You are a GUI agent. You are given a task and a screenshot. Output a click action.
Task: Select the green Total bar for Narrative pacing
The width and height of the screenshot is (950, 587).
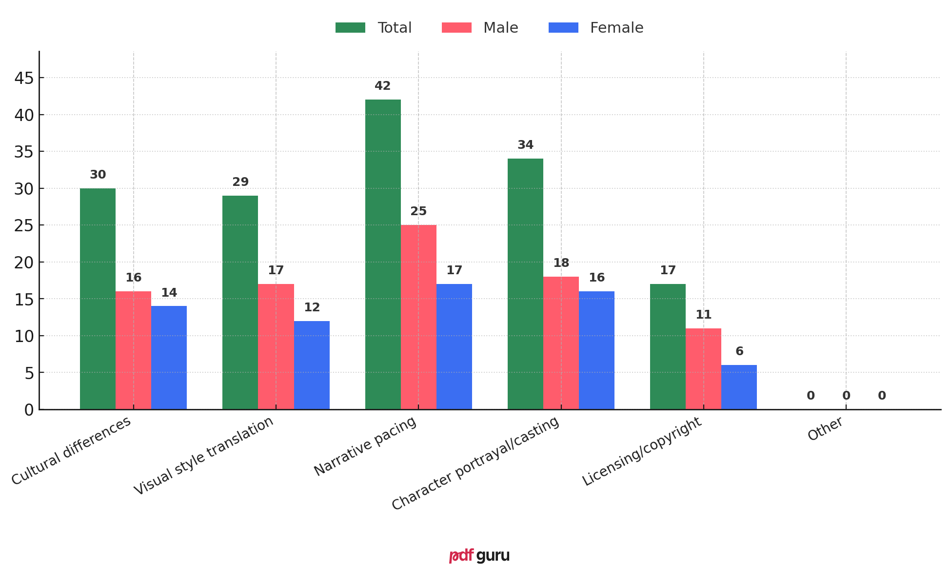coord(383,254)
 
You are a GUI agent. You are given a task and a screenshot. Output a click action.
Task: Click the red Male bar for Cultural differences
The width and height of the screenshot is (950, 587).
coord(133,350)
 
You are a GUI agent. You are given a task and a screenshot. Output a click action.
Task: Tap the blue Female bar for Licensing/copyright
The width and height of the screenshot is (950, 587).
coord(739,387)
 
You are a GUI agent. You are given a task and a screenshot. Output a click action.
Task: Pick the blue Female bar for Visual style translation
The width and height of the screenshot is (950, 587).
coord(312,365)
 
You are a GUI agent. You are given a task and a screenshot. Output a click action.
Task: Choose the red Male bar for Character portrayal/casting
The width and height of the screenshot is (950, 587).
coord(561,343)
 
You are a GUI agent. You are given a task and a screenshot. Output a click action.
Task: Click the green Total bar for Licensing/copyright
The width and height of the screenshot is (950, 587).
coord(668,346)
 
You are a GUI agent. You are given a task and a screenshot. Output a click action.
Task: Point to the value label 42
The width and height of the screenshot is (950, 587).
coord(383,86)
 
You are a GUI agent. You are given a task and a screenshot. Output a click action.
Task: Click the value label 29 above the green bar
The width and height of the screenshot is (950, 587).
coord(240,182)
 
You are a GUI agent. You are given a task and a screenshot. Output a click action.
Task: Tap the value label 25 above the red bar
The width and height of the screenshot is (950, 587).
coord(418,212)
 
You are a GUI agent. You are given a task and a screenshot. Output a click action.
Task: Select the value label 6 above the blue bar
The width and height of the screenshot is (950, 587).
coord(739,352)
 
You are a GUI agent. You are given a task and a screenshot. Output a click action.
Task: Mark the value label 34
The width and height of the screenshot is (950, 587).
coord(525,145)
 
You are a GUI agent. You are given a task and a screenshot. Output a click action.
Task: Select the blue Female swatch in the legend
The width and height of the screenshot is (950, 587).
coord(563,28)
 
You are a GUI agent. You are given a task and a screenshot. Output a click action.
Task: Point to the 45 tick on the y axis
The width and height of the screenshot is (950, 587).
coord(24,78)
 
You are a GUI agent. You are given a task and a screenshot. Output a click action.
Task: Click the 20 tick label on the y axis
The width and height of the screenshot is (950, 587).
coord(24,263)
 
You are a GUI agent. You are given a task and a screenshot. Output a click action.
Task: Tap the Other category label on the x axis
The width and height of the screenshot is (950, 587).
coord(825,429)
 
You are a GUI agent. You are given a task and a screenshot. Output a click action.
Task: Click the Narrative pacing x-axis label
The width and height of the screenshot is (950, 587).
coord(365,446)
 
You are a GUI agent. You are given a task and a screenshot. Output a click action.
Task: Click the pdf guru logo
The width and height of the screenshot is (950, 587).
coord(479,556)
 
